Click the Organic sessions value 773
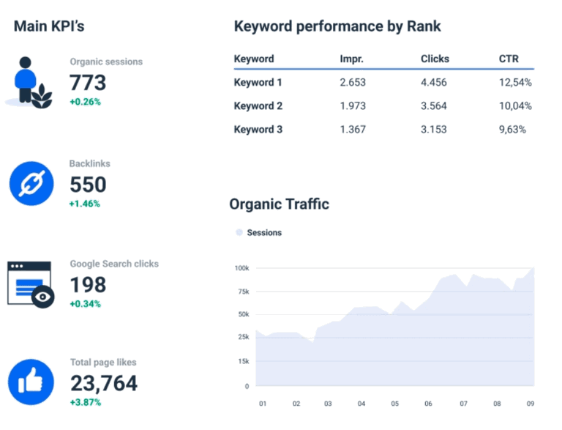pyautogui.click(x=88, y=82)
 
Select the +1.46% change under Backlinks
pyautogui.click(x=85, y=204)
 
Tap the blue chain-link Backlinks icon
pyautogui.click(x=31, y=183)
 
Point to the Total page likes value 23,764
pyautogui.click(x=103, y=382)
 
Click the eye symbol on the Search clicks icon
pyautogui.click(x=43, y=296)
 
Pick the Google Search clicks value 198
pyautogui.click(x=88, y=284)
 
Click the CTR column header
pyautogui.click(x=508, y=59)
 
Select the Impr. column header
pyautogui.click(x=352, y=59)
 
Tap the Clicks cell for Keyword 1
pyautogui.click(x=433, y=83)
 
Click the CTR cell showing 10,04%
pyautogui.click(x=515, y=106)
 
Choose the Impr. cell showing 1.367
pyautogui.click(x=352, y=130)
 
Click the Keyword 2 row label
pyautogui.click(x=258, y=106)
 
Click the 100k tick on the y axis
pyautogui.click(x=241, y=268)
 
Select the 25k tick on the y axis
pyautogui.click(x=242, y=337)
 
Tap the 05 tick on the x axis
pyautogui.click(x=395, y=404)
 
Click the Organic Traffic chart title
pyautogui.click(x=279, y=204)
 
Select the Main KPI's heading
pyautogui.click(x=49, y=26)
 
